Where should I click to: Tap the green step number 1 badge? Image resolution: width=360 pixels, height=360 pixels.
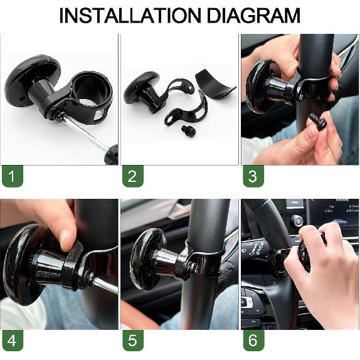(11, 176)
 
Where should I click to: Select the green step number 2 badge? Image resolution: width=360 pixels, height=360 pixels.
(132, 176)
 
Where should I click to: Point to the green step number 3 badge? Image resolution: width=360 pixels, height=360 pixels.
(252, 176)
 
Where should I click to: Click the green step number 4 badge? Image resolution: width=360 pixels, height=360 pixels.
(11, 342)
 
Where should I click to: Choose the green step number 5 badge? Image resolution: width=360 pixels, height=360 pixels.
(132, 342)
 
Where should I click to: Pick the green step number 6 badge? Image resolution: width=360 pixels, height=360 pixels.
(252, 342)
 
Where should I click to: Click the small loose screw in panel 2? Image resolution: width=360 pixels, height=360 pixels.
(186, 130)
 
